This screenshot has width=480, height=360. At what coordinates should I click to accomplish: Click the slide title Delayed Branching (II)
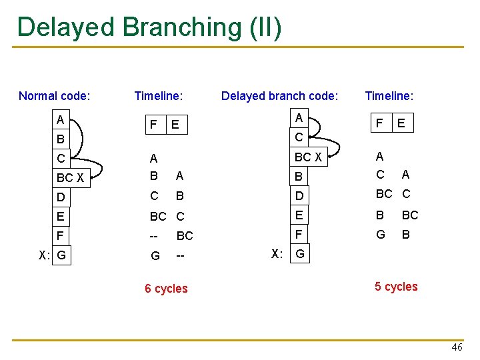149,28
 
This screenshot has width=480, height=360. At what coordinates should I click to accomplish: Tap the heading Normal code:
54,96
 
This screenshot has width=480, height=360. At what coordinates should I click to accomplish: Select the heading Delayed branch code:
279,96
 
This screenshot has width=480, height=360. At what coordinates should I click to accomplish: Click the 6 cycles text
166,289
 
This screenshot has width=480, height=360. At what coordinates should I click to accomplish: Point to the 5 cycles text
396,287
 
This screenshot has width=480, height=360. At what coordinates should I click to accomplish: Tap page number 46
457,347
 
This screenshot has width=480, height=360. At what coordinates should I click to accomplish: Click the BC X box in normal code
70,178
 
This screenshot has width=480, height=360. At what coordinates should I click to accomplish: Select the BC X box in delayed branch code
308,158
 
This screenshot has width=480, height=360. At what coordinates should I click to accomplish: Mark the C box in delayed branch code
299,137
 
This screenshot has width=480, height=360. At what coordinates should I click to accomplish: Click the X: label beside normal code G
43,255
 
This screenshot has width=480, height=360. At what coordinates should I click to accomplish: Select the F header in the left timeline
154,125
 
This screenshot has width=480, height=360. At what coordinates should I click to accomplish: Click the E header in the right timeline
401,123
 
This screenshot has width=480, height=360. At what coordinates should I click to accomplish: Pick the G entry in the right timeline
380,235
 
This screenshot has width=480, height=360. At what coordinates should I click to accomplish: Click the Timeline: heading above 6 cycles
158,96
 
